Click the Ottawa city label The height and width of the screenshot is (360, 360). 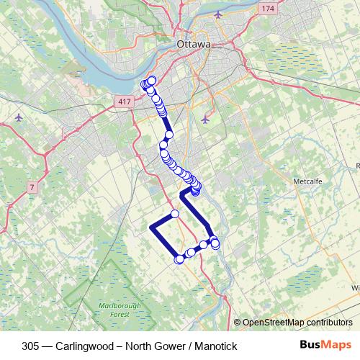[x=193, y=45]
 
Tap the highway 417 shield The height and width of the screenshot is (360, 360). [x=125, y=102]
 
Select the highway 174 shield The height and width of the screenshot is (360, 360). [x=268, y=9]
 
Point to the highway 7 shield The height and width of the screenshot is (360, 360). [x=32, y=188]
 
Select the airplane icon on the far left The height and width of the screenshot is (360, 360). [x=18, y=117]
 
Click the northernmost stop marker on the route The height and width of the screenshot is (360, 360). [x=152, y=80]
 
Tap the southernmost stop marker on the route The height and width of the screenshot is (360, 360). [x=179, y=260]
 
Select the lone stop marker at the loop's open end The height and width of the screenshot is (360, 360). [x=175, y=213]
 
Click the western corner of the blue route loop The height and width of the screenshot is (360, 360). [x=151, y=228]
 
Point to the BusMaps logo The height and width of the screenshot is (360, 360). [x=325, y=346]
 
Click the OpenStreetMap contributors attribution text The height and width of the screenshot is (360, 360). [x=297, y=323]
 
